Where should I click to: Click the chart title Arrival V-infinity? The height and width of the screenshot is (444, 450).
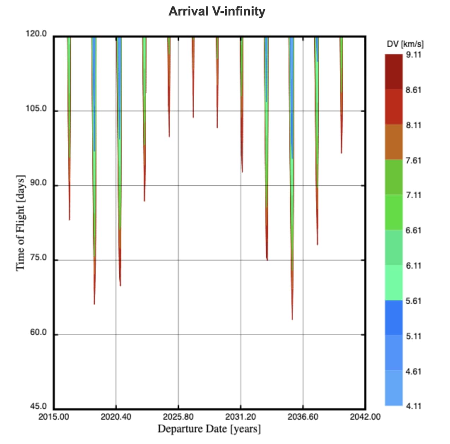coord(217,11)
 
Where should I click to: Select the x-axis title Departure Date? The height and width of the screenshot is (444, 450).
coord(209,429)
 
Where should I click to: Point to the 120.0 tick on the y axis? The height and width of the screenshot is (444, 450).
coord(36,34)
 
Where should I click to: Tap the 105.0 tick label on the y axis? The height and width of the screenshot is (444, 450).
coord(36,108)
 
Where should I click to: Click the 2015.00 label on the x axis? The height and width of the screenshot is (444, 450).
coord(54,417)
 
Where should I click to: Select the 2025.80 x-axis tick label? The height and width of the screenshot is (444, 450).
coord(178,417)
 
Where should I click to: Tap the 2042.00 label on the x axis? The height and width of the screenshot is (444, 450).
coord(365,417)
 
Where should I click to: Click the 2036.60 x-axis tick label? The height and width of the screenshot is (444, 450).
coord(303,417)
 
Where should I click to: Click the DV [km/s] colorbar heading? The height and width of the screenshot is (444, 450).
coord(405,44)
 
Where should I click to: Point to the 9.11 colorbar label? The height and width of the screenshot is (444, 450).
coord(413,55)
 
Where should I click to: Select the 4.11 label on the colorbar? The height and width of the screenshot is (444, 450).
coord(413,406)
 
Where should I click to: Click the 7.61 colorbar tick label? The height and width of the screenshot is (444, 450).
coord(413,160)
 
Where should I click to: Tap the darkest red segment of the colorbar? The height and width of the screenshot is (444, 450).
coord(393,72)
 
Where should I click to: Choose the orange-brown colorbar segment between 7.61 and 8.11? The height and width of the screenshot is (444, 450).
coord(393,142)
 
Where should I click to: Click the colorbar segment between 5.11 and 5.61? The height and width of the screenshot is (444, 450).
coord(393,318)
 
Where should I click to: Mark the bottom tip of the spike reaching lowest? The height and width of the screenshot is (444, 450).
coord(292,319)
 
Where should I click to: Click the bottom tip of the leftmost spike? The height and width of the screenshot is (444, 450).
coord(69,220)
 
